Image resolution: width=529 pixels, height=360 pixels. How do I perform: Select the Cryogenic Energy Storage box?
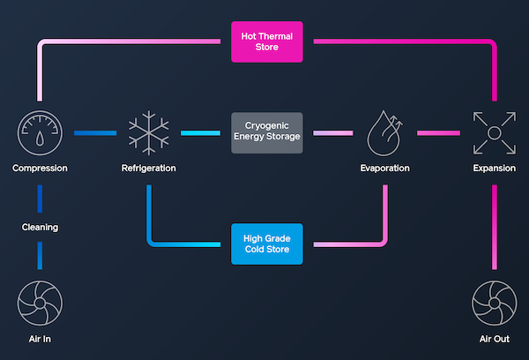(266, 133)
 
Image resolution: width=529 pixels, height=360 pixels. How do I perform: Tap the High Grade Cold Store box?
(266, 244)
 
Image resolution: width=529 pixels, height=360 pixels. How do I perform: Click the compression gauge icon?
(40, 133)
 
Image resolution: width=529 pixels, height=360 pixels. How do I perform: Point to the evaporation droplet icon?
(385, 132)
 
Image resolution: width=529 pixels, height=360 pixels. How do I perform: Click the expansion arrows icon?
(491, 132)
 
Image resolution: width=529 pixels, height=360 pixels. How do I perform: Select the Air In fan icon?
(40, 302)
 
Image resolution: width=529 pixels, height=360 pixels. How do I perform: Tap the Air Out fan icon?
(491, 302)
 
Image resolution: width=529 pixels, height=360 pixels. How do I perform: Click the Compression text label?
(40, 168)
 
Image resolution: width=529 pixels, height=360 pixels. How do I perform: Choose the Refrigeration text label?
(148, 168)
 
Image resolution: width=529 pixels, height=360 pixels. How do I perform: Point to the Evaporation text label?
(385, 168)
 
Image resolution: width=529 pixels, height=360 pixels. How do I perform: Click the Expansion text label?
(491, 168)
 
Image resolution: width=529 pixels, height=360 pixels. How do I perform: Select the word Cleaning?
(40, 227)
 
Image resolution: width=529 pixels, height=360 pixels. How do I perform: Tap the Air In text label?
(40, 338)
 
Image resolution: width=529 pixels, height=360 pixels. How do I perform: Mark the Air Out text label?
(491, 338)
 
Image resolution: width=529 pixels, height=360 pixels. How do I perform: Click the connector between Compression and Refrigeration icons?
(94, 133)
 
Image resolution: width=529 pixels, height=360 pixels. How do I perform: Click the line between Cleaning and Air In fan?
(40, 255)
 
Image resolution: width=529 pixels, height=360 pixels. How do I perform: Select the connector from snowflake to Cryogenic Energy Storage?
(200, 133)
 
